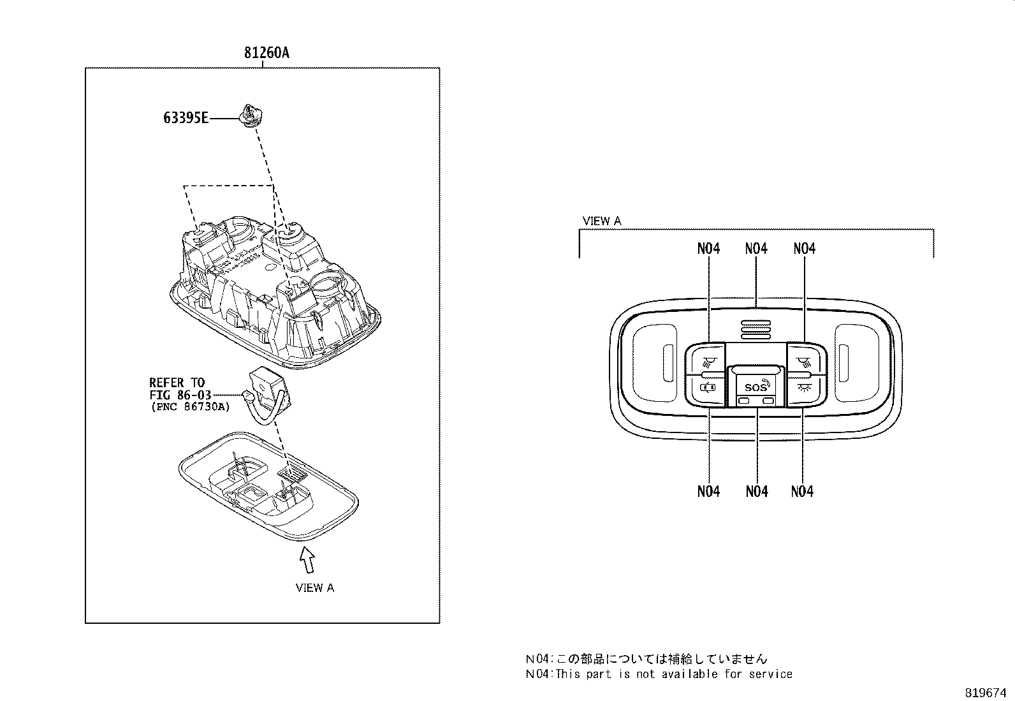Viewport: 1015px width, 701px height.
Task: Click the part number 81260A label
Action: tap(266, 53)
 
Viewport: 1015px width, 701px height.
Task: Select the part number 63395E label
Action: tap(185, 118)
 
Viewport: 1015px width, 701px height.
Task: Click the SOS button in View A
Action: tap(756, 387)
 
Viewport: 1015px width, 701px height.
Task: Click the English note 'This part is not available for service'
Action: tap(674, 674)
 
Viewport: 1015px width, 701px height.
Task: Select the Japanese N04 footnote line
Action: tap(646, 660)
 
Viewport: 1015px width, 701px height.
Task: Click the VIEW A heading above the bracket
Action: tap(601, 221)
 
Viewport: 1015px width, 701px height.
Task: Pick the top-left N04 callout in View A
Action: tap(708, 249)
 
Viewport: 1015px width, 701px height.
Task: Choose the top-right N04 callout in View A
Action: tap(805, 249)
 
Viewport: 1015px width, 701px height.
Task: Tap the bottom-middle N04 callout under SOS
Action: tap(756, 491)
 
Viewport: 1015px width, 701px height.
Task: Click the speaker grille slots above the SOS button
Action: tap(756, 328)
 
